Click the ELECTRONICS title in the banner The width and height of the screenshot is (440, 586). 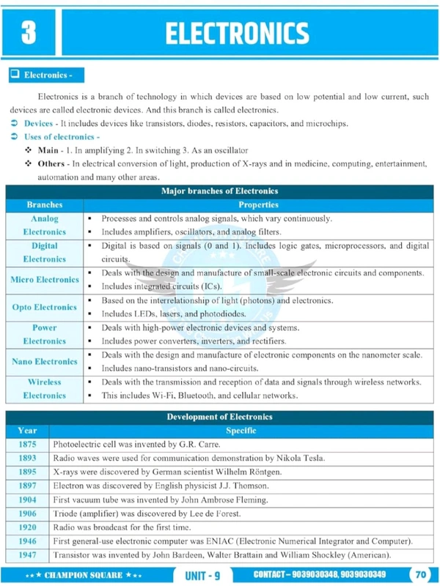click(236, 33)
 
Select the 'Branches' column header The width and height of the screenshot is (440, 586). click(44, 205)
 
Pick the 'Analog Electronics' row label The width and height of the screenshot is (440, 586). click(44, 226)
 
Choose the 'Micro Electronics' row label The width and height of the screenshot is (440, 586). click(44, 280)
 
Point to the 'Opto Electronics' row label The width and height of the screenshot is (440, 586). click(44, 307)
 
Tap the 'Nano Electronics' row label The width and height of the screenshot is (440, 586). click(44, 362)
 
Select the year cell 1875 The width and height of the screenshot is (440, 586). click(27, 445)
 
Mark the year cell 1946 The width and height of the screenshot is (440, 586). click(27, 541)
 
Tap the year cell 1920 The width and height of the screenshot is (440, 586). click(27, 527)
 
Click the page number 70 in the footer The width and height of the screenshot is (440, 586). click(420, 574)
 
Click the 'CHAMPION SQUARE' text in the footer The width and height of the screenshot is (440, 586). click(81, 575)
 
